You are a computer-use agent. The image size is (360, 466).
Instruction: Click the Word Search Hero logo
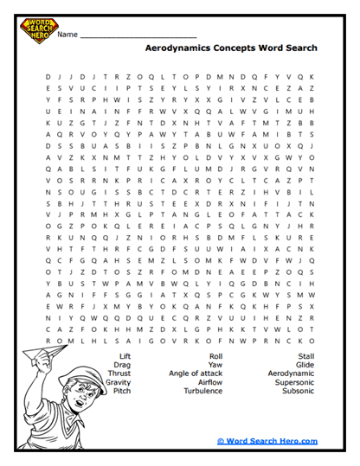pos(38,31)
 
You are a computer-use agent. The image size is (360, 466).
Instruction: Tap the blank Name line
pos(138,37)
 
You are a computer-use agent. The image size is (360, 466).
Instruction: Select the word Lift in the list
pos(125,355)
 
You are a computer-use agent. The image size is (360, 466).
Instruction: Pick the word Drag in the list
pos(123,364)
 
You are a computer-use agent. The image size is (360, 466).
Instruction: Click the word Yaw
pos(215,364)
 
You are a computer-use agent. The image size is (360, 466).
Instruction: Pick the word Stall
pos(305,355)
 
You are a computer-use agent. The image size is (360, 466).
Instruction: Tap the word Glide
pos(305,364)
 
